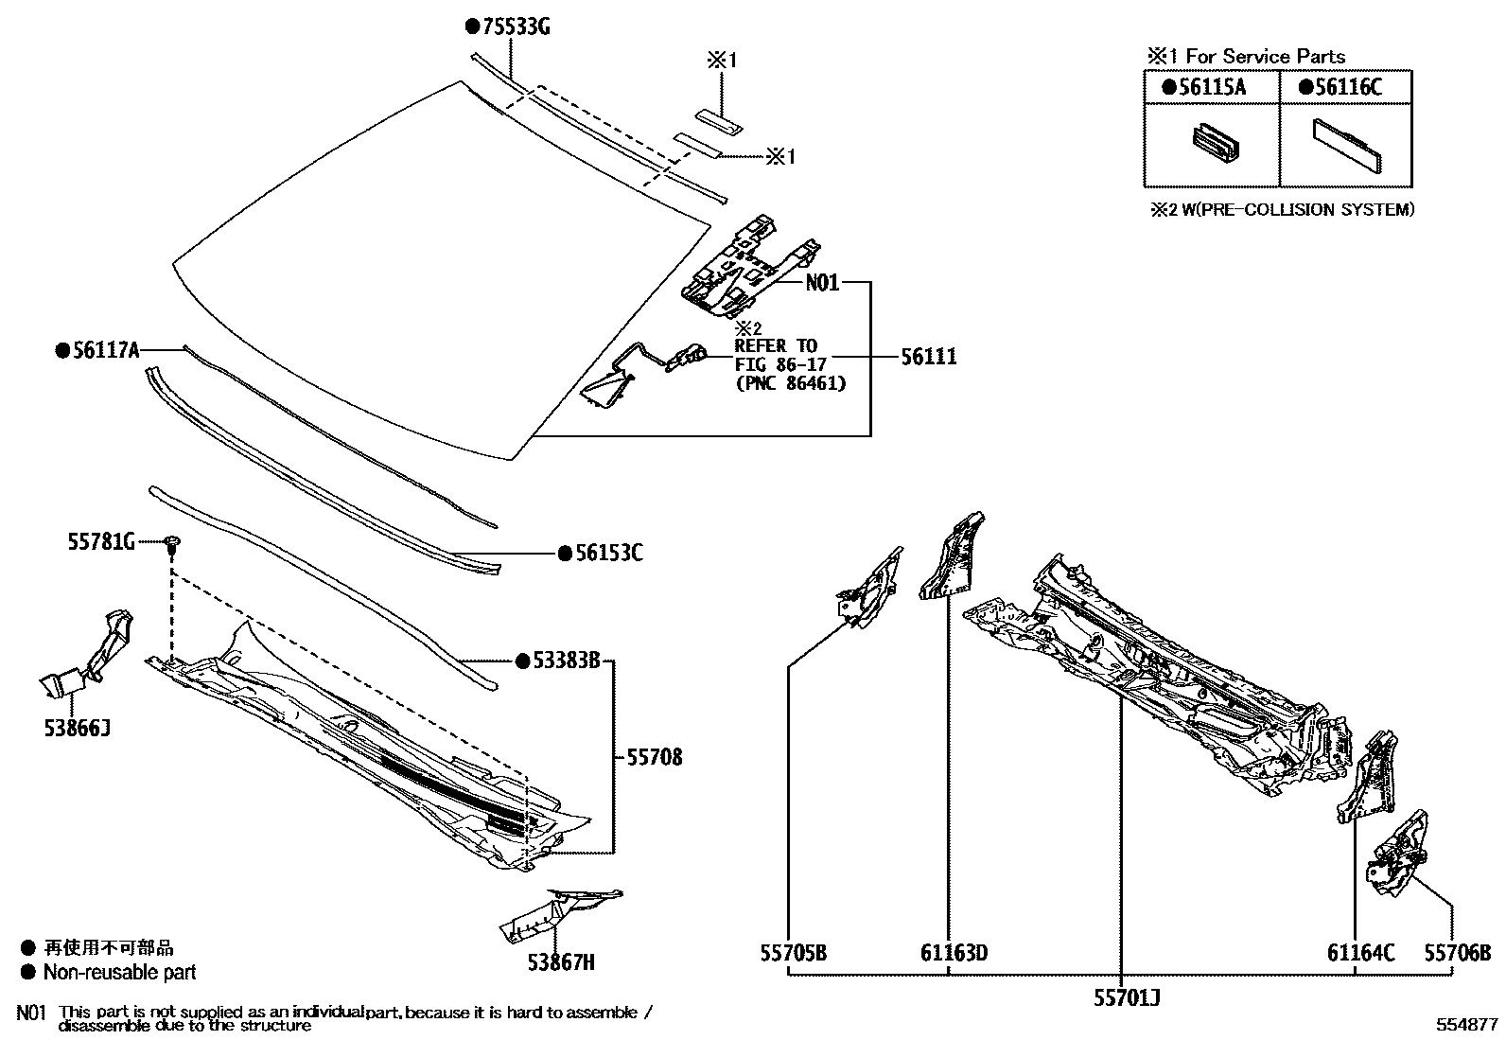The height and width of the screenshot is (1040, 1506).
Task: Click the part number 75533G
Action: pos(516,27)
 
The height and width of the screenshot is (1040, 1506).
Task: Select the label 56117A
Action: pos(105,351)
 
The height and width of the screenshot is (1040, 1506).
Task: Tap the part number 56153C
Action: pos(608,553)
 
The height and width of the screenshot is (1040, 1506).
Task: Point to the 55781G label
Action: pos(101,542)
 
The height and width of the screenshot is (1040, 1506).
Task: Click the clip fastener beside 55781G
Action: pos(172,543)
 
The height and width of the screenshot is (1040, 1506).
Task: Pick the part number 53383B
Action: pos(566,661)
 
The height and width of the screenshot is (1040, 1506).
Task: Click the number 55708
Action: pos(654,757)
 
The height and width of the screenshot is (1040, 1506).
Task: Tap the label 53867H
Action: pos(562,963)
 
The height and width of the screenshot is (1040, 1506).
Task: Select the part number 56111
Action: pos(928,357)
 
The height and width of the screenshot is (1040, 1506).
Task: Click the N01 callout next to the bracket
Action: pos(822,283)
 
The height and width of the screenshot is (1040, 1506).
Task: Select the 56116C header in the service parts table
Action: pos(1348,88)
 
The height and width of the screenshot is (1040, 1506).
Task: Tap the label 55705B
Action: pos(793,953)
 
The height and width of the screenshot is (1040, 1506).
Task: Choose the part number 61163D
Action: pos(954,953)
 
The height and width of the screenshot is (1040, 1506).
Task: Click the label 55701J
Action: pos(1127,997)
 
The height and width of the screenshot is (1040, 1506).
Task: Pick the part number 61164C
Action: pos(1360,953)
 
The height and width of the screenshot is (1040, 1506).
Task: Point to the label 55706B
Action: pos(1458,953)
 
